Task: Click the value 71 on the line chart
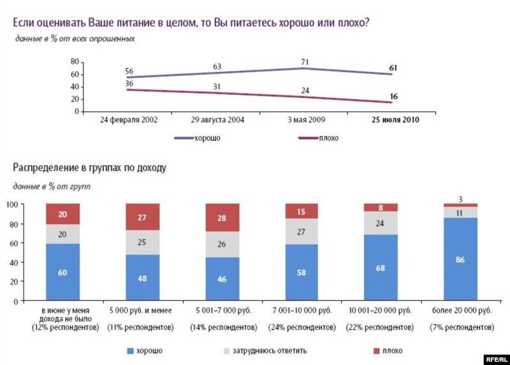click(305, 62)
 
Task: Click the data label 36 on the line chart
click(129, 83)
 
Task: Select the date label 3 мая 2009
click(305, 120)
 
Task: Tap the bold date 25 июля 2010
click(396, 120)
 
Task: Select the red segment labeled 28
click(222, 218)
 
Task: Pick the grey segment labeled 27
click(302, 233)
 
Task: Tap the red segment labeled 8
click(381, 207)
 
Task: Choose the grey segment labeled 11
click(460, 212)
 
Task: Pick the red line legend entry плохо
click(317, 138)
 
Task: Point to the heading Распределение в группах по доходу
click(89, 168)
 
